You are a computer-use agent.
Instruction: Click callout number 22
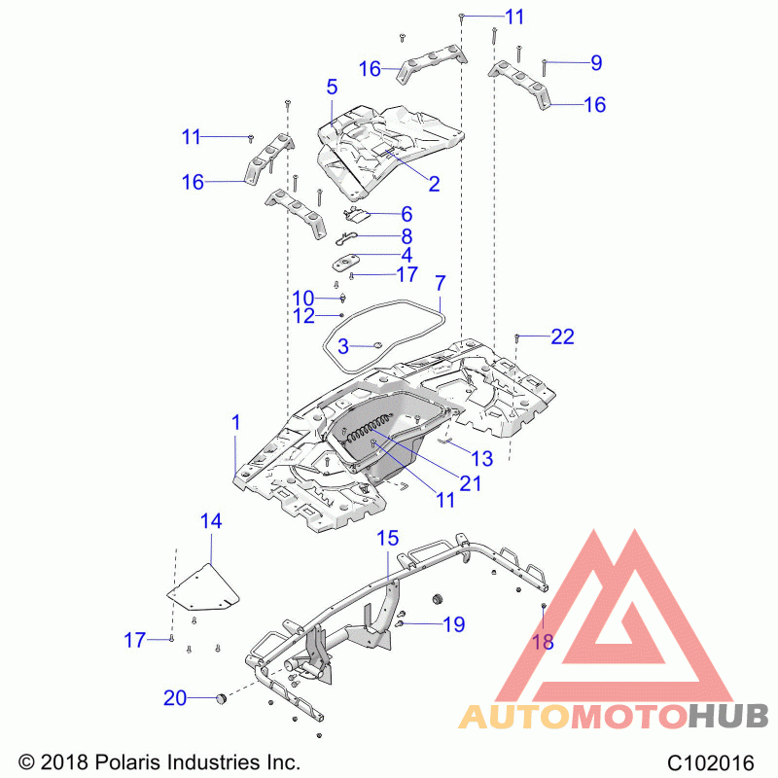pyautogui.click(x=562, y=336)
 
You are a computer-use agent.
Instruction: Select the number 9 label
pyautogui.click(x=596, y=63)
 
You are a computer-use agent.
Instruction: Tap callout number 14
pyautogui.click(x=211, y=521)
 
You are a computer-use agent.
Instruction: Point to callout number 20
pyautogui.click(x=175, y=698)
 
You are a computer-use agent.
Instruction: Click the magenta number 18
pyautogui.click(x=543, y=642)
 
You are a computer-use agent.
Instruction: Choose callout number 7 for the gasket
pyautogui.click(x=441, y=283)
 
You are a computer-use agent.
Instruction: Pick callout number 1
pyautogui.click(x=236, y=423)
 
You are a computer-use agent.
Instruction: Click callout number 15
pyautogui.click(x=387, y=538)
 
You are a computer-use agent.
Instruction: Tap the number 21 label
pyautogui.click(x=471, y=483)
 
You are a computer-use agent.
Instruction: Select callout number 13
pyautogui.click(x=482, y=459)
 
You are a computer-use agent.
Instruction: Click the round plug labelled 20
pyautogui.click(x=221, y=698)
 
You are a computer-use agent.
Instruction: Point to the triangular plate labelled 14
pyautogui.click(x=203, y=587)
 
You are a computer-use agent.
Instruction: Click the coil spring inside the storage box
pyautogui.click(x=369, y=427)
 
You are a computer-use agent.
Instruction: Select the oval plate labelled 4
pyautogui.click(x=346, y=262)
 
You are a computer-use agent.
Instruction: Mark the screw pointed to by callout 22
pyautogui.click(x=517, y=338)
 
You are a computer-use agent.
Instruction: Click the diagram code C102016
pyautogui.click(x=711, y=762)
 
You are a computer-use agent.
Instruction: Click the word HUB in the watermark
pyautogui.click(x=728, y=717)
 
